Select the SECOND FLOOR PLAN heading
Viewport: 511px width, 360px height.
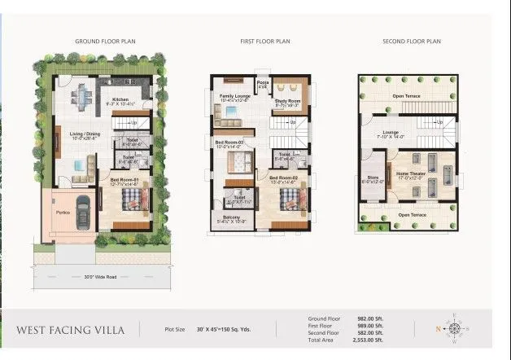[x=412, y=40]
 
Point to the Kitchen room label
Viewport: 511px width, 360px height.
[x=111, y=100]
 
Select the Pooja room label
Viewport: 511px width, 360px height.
[x=263, y=83]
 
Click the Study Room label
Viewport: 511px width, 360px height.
[x=287, y=102]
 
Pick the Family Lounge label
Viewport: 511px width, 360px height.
[x=235, y=96]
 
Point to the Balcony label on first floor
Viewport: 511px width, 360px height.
[x=231, y=217]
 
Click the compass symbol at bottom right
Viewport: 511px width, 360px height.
[x=454, y=329]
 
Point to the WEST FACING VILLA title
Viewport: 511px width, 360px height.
[x=70, y=330]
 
